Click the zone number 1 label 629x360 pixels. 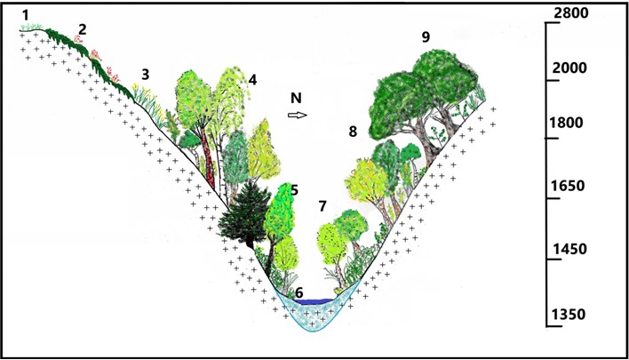click(x=28, y=14)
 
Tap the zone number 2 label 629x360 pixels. click(x=82, y=29)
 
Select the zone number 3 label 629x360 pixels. click(x=145, y=74)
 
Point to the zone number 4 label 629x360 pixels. click(x=252, y=80)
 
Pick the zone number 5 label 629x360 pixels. click(x=293, y=190)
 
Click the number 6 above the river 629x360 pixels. click(x=299, y=292)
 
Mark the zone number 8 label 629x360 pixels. click(x=353, y=132)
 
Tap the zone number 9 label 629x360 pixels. click(x=426, y=36)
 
